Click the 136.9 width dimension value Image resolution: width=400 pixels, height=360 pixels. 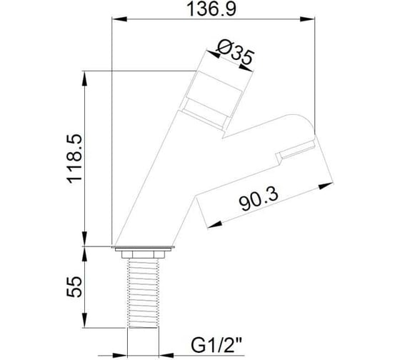[x=211, y=9]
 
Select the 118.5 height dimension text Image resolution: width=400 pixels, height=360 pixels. [x=74, y=159]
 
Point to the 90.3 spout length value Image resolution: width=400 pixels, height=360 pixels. [x=259, y=199]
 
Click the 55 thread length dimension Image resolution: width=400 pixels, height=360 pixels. [x=74, y=286]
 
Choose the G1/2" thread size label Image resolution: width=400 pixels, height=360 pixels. [x=216, y=345]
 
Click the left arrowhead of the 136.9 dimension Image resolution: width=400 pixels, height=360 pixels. [x=119, y=19]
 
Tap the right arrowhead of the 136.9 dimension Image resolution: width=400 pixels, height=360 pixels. [x=307, y=19]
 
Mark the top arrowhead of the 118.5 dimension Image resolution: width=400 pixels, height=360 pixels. [x=85, y=78]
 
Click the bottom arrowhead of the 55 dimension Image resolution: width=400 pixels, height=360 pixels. [x=85, y=320]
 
